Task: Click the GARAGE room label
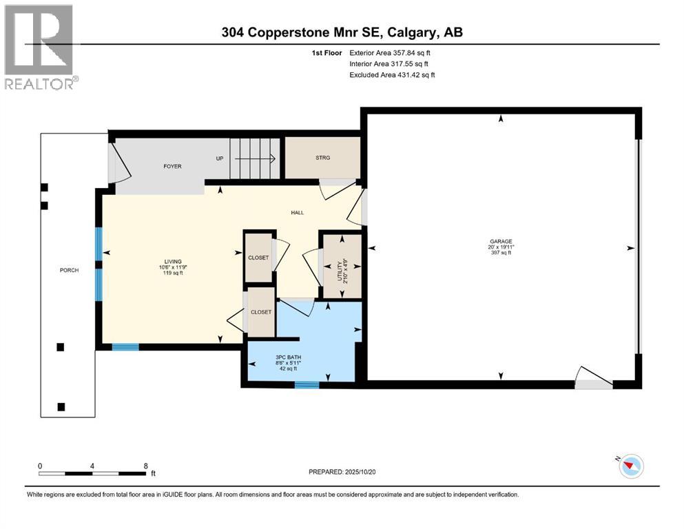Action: (x=501, y=242)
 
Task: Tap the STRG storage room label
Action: (x=322, y=158)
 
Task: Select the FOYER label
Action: (x=172, y=167)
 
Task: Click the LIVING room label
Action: (x=173, y=262)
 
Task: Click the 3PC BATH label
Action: (x=284, y=357)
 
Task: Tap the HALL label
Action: (x=297, y=212)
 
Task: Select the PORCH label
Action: (x=69, y=270)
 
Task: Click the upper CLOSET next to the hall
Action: (x=258, y=258)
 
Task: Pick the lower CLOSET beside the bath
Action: (x=262, y=312)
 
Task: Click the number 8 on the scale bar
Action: (x=145, y=466)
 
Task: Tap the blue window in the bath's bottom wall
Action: (x=307, y=384)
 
